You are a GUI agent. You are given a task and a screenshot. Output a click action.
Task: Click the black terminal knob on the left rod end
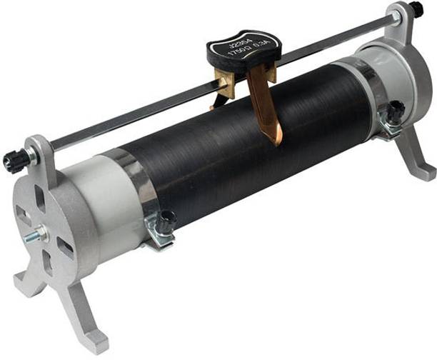[x=13, y=161]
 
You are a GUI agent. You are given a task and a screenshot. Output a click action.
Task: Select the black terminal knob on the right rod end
[x=415, y=9]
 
